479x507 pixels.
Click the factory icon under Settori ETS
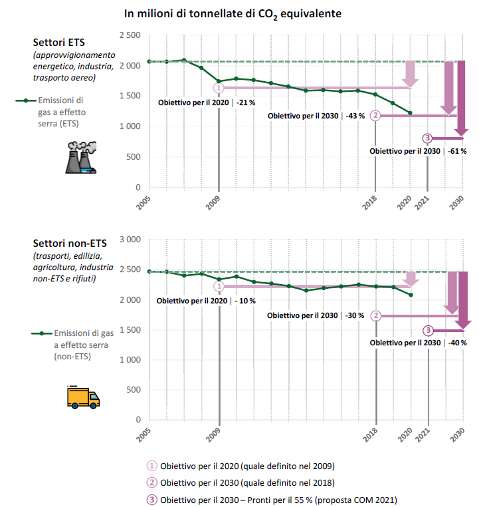pyautogui.click(x=80, y=158)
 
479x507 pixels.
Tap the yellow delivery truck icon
pyautogui.click(x=83, y=397)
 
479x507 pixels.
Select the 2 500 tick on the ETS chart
pyautogui.click(x=130, y=35)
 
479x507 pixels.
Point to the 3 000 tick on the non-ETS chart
pyautogui.click(x=130, y=239)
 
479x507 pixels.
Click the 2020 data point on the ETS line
pyautogui.click(x=410, y=113)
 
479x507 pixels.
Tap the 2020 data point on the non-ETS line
pyautogui.click(x=410, y=295)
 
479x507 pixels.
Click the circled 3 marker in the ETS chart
pyautogui.click(x=427, y=138)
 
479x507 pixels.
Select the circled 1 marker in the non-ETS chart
pyautogui.click(x=219, y=286)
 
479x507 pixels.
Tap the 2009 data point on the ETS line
pyautogui.click(x=219, y=81)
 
